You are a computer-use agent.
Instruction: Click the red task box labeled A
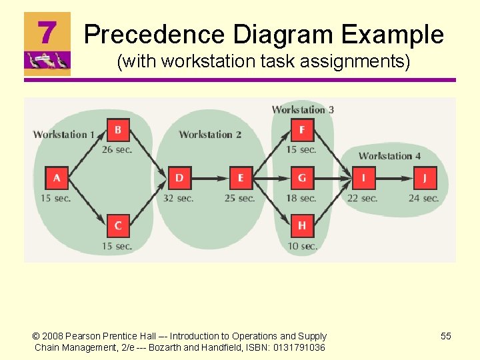click(57, 178)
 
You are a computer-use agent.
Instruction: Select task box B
click(118, 129)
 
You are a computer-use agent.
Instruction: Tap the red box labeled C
click(118, 226)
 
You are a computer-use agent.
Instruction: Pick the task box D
click(179, 178)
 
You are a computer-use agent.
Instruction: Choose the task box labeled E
click(241, 178)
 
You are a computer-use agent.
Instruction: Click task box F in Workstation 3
click(302, 129)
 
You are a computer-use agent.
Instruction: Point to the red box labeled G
click(302, 178)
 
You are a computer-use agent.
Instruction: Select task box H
click(302, 226)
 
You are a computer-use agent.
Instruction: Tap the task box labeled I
click(363, 178)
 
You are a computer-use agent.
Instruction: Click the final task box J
click(425, 178)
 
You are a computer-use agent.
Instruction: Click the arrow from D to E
click(210, 178)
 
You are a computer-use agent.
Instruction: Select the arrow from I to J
click(394, 178)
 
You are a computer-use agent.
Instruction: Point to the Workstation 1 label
click(64, 135)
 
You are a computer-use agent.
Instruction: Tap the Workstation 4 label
click(389, 156)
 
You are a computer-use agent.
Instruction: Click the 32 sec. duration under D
click(179, 198)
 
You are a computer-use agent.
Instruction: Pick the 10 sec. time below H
click(302, 246)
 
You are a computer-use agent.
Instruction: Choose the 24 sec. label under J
click(424, 198)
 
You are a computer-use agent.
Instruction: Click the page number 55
click(446, 336)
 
